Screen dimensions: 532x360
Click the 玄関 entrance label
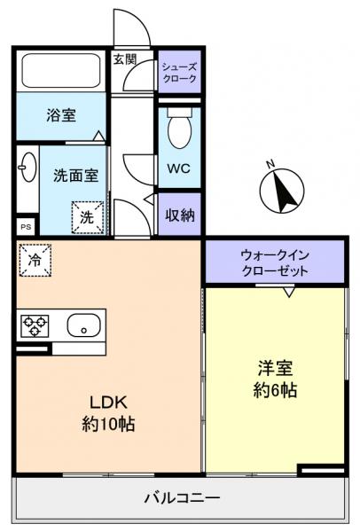coord(124,60)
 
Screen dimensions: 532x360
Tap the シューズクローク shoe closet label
coord(180,72)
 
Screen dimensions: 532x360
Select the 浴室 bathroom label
coord(60,114)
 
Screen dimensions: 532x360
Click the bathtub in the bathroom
coord(59,72)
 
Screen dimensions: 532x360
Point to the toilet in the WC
coord(179,132)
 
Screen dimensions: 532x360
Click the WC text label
coord(178,169)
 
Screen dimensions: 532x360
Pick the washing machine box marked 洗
coord(88,215)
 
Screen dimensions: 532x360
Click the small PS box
coord(25,226)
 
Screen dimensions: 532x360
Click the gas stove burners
coord(35,325)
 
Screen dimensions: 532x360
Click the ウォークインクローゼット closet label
coord(275,262)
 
